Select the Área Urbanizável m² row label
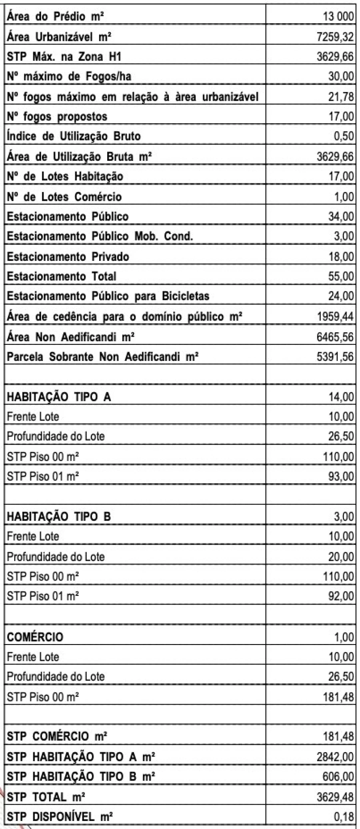[x=59, y=37]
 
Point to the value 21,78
[x=341, y=97]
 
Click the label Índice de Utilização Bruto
[x=74, y=136]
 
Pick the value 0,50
[x=343, y=136]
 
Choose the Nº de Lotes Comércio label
[x=64, y=196]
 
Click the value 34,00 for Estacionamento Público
[x=341, y=216]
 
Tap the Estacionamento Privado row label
[x=68, y=256]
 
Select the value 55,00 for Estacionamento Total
[x=341, y=276]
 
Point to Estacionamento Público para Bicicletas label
[x=108, y=296]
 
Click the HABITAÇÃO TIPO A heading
[x=59, y=397]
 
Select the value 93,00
[x=341, y=477]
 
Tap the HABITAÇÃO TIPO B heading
[x=59, y=517]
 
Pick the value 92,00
[x=341, y=597]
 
